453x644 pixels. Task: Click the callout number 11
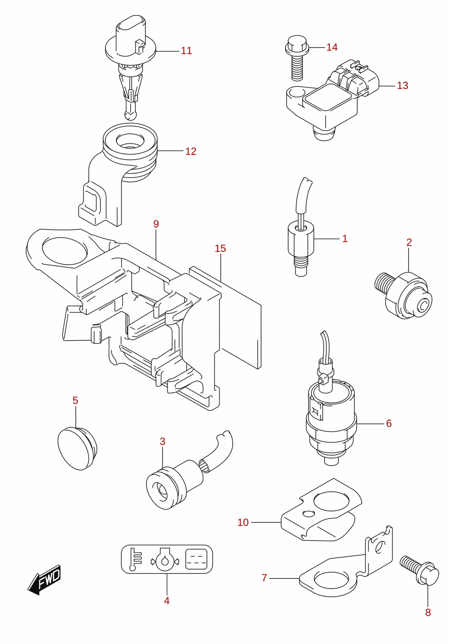(x=186, y=51)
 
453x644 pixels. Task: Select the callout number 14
(x=332, y=47)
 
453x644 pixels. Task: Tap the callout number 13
(x=403, y=86)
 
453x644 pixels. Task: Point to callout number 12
(x=191, y=151)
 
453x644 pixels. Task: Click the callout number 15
(x=220, y=248)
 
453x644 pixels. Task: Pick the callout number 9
(x=156, y=224)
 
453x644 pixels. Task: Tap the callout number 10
(x=243, y=522)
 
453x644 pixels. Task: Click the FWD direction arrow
(x=45, y=580)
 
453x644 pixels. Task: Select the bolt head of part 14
(x=297, y=46)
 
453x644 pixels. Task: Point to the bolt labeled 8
(x=419, y=570)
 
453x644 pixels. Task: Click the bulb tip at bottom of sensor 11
(x=130, y=115)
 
